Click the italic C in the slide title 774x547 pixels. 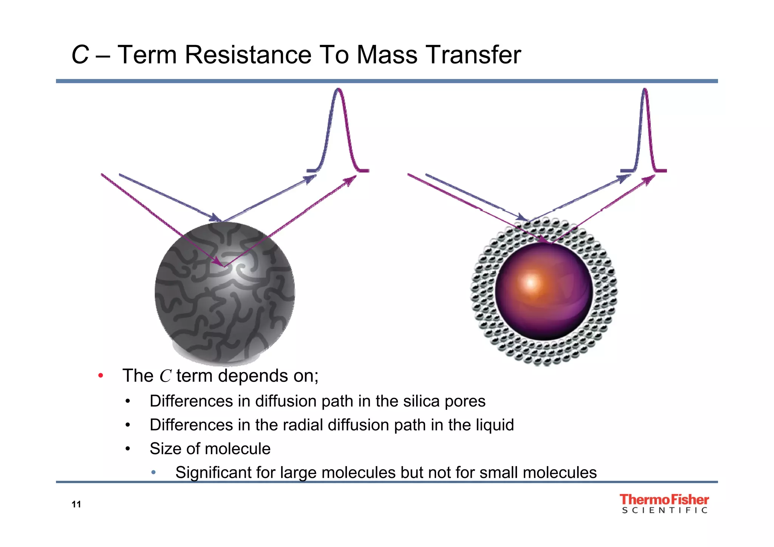click(x=80, y=55)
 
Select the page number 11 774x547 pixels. click(x=76, y=504)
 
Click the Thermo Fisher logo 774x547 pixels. click(x=664, y=499)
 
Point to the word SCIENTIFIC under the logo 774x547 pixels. click(x=664, y=511)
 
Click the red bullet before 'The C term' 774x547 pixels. click(x=101, y=376)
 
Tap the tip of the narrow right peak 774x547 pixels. click(x=645, y=90)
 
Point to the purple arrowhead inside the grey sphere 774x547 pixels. click(x=219, y=261)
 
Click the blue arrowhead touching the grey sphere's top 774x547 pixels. click(x=216, y=218)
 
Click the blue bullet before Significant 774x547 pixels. click(x=153, y=473)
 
